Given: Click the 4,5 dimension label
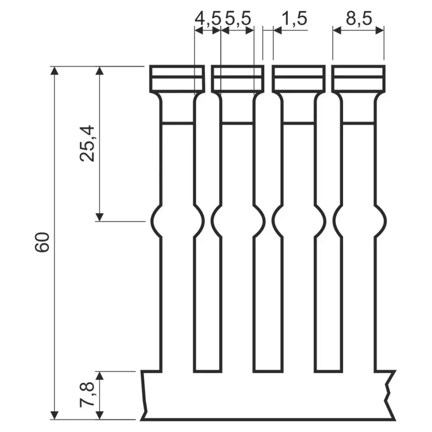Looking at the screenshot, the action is (x=208, y=19).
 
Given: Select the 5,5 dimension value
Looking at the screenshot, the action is (x=238, y=19).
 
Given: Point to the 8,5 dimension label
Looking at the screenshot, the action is (x=359, y=19).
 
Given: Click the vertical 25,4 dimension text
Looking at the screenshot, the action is (x=88, y=143).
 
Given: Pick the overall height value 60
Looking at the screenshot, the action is (x=42, y=242).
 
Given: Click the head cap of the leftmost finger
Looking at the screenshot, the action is (x=177, y=79).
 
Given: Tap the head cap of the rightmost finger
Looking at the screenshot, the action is (x=358, y=79).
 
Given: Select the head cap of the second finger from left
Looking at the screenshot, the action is (x=237, y=79).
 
